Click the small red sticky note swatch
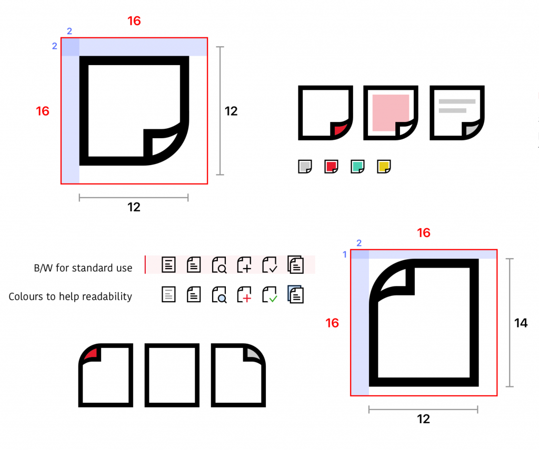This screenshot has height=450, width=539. tap(331, 167)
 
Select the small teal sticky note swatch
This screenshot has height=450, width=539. tap(357, 167)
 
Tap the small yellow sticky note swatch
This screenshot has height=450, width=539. tap(384, 167)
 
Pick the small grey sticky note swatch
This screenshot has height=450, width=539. tap(305, 167)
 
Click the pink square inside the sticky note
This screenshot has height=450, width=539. tap(391, 112)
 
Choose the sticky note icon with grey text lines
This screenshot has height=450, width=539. tap(457, 112)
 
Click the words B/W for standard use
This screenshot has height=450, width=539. tap(83, 268)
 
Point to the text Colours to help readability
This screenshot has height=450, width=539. tap(71, 296)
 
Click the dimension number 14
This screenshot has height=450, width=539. tap(521, 323)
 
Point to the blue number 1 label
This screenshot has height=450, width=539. tap(345, 255)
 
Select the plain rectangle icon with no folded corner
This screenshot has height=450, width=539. tap(172, 375)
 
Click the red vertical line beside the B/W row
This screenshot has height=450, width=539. tap(145, 264)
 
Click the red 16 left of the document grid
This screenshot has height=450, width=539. tap(332, 323)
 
